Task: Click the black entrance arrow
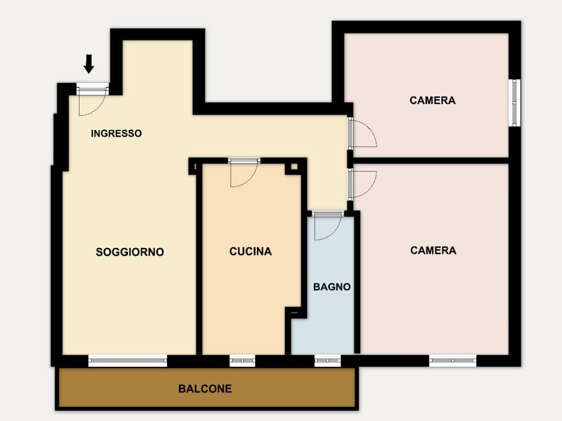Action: [89, 64]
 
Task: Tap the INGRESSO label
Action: [116, 133]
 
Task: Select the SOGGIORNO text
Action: [130, 252]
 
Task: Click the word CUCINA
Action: [250, 252]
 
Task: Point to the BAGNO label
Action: [331, 287]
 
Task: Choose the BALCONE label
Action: [205, 389]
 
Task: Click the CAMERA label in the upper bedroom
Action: [432, 100]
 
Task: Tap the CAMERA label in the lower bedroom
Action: [433, 250]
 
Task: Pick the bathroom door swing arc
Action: [328, 229]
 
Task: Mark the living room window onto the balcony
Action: [127, 361]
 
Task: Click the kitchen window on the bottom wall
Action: [242, 361]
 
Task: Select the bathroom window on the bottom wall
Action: [328, 361]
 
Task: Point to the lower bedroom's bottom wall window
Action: [453, 361]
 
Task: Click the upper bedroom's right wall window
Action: [514, 103]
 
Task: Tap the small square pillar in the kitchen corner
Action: [295, 167]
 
